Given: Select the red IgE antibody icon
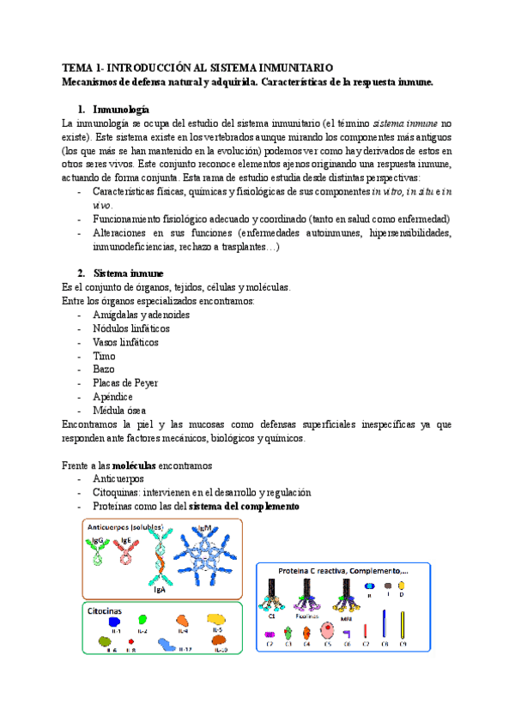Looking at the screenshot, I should point(126,555).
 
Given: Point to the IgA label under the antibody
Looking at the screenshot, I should point(159,591).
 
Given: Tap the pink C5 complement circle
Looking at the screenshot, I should point(326,632).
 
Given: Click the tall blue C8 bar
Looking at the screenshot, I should point(384,626).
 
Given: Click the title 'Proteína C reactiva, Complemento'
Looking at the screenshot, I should point(342,571).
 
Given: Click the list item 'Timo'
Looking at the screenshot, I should point(102,355).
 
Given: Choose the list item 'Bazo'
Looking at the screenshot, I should point(102,369).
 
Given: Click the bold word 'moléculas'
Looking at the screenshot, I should point(128,465).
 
